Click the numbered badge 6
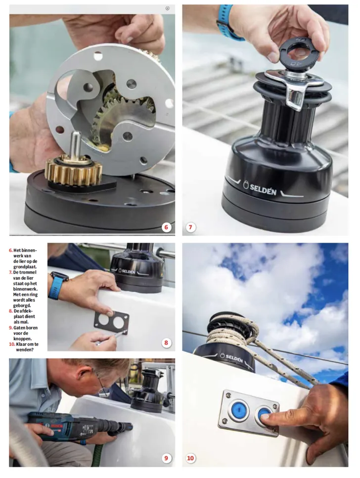(x=166, y=227)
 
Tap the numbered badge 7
(x=191, y=227)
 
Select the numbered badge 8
(x=166, y=343)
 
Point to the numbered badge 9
(x=166, y=458)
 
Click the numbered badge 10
(x=191, y=458)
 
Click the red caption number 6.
(x=11, y=250)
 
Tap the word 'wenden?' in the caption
(x=25, y=349)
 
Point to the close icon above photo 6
(x=168, y=8)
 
